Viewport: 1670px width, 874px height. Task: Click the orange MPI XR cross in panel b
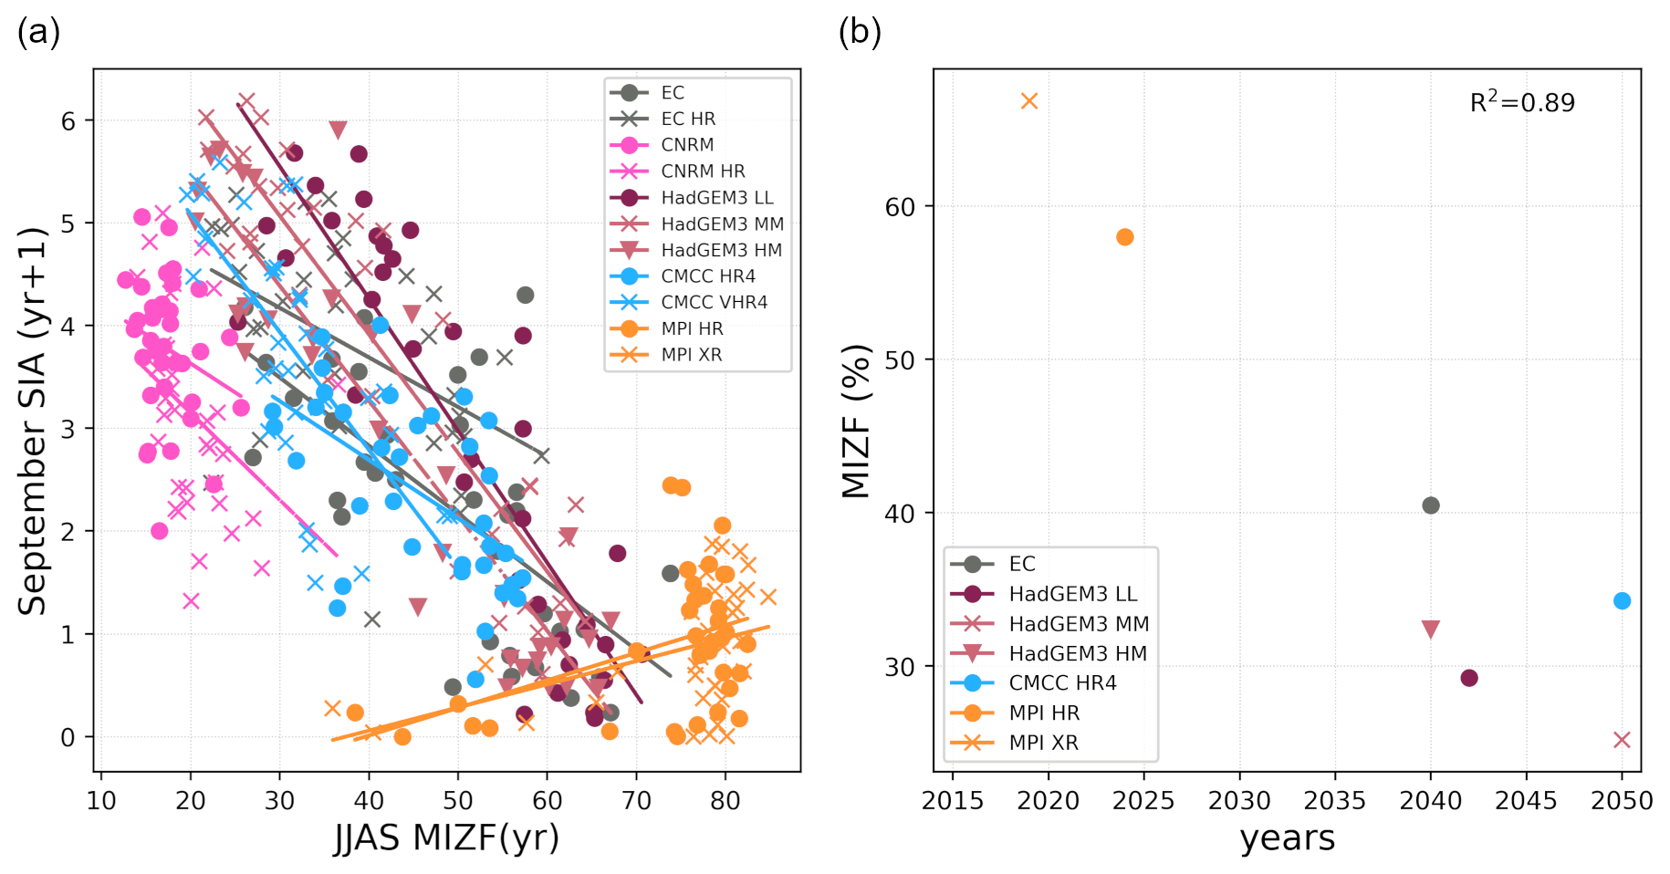point(1029,101)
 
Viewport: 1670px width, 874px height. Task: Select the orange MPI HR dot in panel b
point(1125,237)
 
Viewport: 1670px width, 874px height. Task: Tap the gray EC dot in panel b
point(1431,505)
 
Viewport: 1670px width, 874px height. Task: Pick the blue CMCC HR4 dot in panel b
point(1622,601)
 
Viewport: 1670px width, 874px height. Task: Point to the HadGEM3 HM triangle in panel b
point(1431,629)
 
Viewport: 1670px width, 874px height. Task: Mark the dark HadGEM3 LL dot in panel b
point(1469,678)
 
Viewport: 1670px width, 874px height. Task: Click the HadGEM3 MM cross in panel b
point(1622,740)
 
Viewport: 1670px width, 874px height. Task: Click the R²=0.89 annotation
point(1522,102)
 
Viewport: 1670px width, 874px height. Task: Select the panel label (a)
point(38,32)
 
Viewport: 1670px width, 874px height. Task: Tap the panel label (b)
point(860,32)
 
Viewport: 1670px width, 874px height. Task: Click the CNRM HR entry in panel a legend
point(703,172)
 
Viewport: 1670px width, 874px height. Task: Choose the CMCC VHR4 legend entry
point(714,303)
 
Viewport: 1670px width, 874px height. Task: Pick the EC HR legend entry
point(688,119)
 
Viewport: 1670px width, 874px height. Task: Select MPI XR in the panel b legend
point(1043,743)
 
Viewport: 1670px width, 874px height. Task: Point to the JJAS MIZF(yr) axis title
point(446,838)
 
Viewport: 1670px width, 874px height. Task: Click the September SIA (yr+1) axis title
point(33,421)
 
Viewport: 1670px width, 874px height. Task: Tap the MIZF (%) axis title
point(856,421)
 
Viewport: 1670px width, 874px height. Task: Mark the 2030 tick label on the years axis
point(1239,801)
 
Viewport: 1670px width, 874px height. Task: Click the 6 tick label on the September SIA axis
point(68,121)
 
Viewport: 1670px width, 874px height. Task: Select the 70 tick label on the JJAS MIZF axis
point(636,801)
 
